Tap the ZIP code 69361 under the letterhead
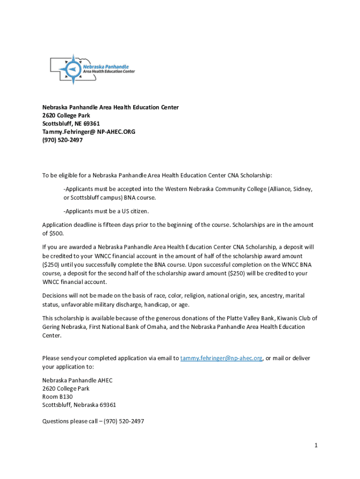(91, 123)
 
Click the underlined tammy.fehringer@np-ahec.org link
(221, 358)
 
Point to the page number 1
(316, 445)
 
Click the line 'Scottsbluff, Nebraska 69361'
(79, 405)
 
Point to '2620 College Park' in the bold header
(66, 116)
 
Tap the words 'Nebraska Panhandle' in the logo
(106, 67)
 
